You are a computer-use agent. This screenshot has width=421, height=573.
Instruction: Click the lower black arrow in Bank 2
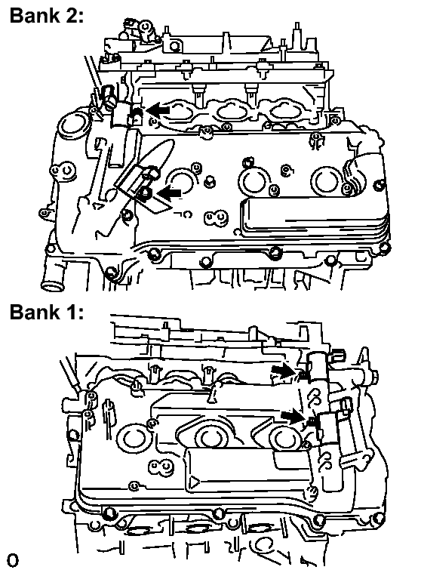(170, 193)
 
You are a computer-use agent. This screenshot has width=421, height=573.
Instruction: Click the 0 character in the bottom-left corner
(13, 560)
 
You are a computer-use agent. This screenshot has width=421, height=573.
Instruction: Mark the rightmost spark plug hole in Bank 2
(326, 182)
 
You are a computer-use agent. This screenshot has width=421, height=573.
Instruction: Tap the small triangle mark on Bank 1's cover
(194, 483)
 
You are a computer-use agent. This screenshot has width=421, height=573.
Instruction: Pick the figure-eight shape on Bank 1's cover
(160, 468)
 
